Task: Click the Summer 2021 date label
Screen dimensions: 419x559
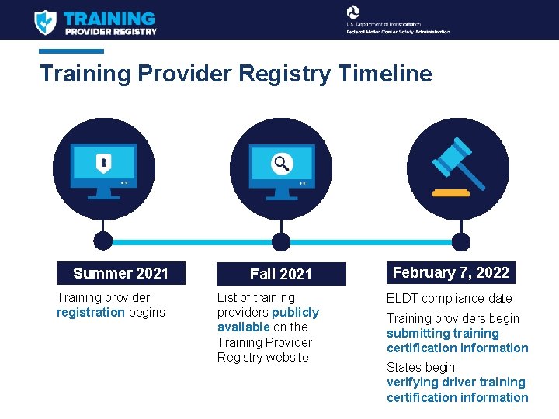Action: click(x=120, y=273)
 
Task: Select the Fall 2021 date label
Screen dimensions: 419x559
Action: click(x=281, y=274)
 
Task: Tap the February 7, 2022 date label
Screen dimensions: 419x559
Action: click(x=450, y=272)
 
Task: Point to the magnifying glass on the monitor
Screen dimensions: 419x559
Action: click(x=281, y=163)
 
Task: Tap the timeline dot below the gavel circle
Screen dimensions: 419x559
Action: click(x=461, y=241)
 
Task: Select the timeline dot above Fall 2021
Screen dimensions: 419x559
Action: click(x=281, y=241)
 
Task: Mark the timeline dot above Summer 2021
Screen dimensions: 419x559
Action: click(x=102, y=241)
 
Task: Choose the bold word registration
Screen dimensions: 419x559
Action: click(x=90, y=312)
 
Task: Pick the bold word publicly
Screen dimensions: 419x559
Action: click(x=295, y=312)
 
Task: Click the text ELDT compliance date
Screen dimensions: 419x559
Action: click(x=450, y=298)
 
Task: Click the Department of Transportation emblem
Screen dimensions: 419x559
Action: click(x=353, y=12)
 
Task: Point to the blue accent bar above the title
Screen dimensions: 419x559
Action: click(x=71, y=51)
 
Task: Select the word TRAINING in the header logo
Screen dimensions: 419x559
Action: click(x=109, y=18)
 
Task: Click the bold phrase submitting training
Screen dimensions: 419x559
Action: click(x=443, y=333)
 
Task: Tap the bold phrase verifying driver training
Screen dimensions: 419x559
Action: click(x=456, y=382)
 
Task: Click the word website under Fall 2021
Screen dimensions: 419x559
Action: click(x=286, y=357)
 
